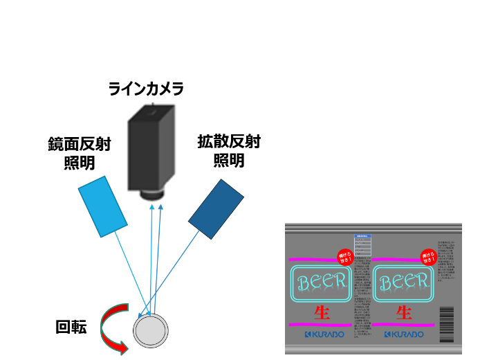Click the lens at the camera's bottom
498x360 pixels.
[x=152, y=195]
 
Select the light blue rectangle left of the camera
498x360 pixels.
[x=102, y=206]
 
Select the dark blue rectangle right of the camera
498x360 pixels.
[x=216, y=209]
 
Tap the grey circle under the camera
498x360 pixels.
[x=150, y=331]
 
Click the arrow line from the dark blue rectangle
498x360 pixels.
[x=173, y=270]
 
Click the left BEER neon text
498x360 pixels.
[x=321, y=282]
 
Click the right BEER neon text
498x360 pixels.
[x=403, y=282]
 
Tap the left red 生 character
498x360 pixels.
[x=322, y=312]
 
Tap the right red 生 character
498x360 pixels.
[x=403, y=312]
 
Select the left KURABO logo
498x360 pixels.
[x=324, y=334]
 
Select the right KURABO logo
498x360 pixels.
[x=404, y=334]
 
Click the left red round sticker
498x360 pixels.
[x=345, y=258]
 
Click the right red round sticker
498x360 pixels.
[x=428, y=257]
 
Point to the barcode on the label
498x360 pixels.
[x=447, y=324]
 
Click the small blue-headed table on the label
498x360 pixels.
[x=362, y=245]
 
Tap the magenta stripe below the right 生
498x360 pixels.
[x=403, y=325]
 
